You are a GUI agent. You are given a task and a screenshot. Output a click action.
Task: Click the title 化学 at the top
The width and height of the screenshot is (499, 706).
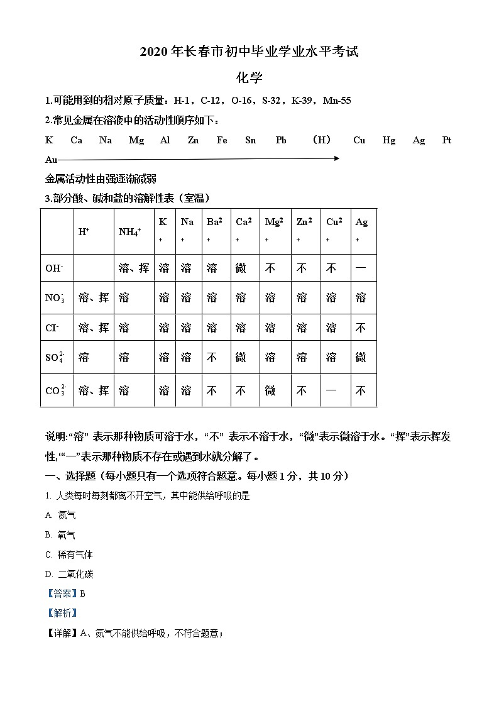click(249, 78)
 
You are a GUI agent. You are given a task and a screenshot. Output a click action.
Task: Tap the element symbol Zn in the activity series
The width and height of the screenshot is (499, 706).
click(193, 140)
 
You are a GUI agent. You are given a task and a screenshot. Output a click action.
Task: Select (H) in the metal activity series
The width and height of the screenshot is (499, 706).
click(321, 140)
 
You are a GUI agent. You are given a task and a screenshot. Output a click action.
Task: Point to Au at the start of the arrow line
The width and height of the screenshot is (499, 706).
click(51, 160)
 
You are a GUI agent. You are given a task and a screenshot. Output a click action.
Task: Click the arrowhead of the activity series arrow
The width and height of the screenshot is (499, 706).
click(336, 158)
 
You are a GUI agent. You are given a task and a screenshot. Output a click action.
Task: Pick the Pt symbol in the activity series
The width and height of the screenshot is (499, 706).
click(447, 140)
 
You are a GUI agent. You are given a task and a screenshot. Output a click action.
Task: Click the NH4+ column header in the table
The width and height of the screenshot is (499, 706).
click(129, 231)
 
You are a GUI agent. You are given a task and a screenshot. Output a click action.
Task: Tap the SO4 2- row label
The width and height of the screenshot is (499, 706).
click(55, 358)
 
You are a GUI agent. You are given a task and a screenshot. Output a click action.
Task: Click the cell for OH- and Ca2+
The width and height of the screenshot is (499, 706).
click(241, 268)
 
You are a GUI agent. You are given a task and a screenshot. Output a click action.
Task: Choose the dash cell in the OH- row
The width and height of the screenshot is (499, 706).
click(361, 268)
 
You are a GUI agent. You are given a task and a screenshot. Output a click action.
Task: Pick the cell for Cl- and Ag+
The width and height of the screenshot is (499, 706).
click(361, 328)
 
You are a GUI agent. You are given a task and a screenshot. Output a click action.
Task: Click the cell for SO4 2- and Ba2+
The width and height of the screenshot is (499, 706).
click(212, 358)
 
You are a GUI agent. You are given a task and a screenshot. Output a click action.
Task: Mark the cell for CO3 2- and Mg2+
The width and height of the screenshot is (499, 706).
click(270, 391)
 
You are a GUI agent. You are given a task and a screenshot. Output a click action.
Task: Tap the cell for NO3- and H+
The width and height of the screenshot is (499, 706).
click(93, 298)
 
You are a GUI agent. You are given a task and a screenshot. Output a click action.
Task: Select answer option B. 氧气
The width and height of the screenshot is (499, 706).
click(61, 535)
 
